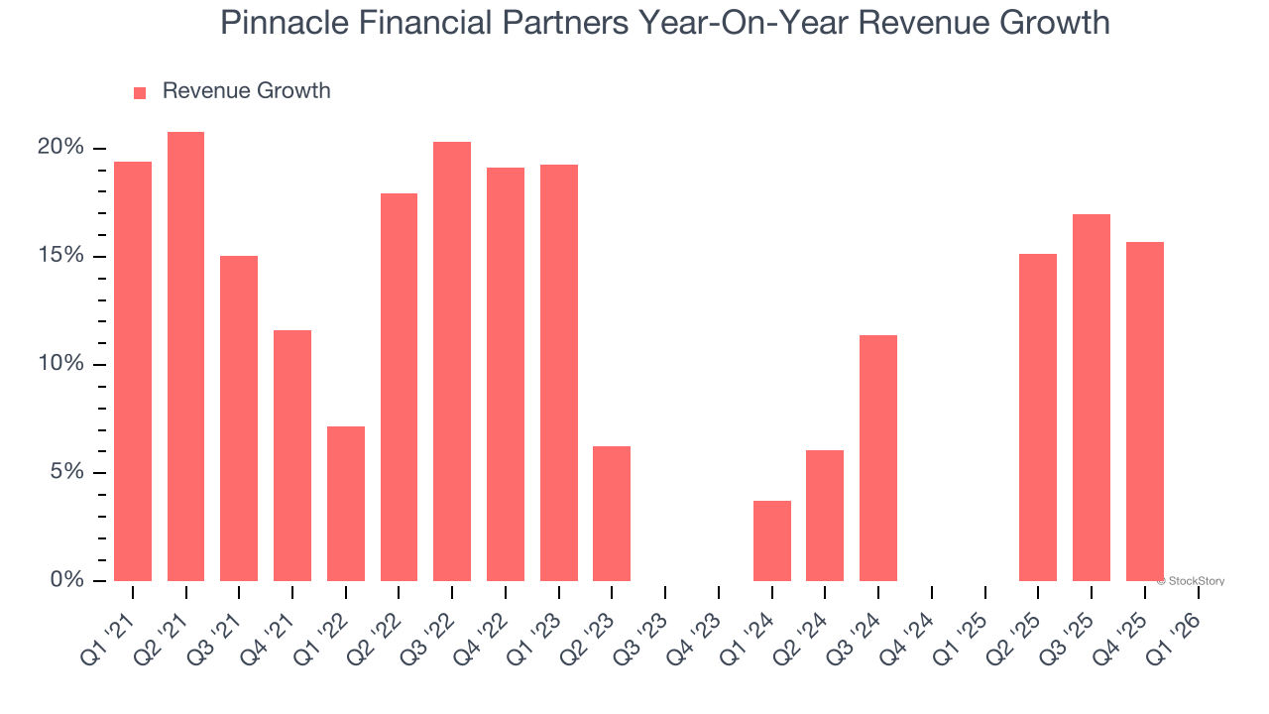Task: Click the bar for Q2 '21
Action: (x=185, y=356)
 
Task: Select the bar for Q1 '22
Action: (x=346, y=504)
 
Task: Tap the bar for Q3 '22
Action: (x=452, y=361)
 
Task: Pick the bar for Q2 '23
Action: (x=612, y=514)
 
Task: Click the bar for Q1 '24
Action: (x=772, y=540)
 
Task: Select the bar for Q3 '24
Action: (x=878, y=458)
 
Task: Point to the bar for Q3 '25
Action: (x=1092, y=398)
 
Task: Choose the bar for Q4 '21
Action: (x=292, y=455)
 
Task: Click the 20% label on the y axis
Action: (x=60, y=148)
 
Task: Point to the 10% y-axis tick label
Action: (x=60, y=364)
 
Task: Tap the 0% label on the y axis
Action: (x=66, y=580)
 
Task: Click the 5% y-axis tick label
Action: (x=66, y=472)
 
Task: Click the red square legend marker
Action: (x=140, y=92)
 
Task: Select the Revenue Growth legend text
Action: (x=246, y=91)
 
